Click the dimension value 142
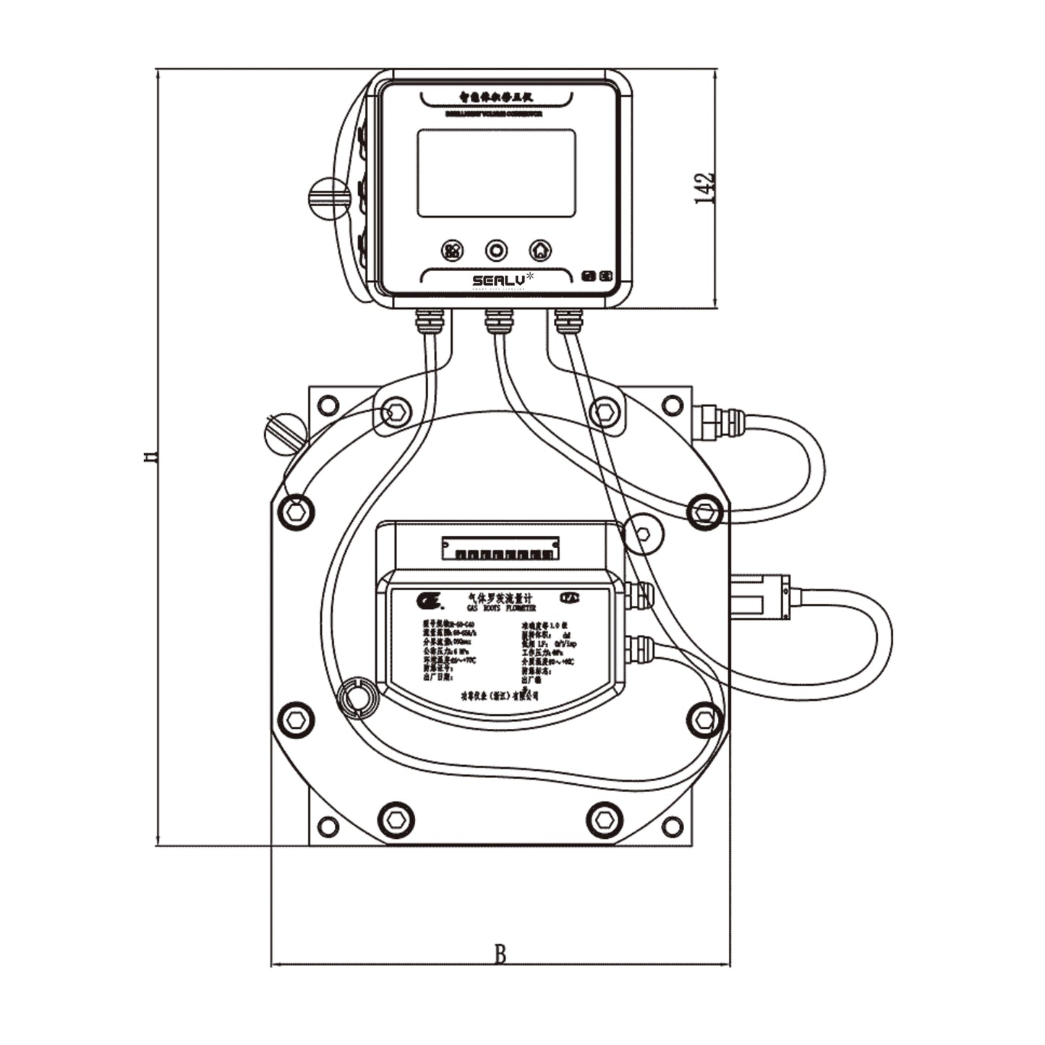(704, 189)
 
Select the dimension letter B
(500, 955)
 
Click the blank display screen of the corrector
(496, 174)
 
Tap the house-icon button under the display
(540, 251)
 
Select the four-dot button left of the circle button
(453, 251)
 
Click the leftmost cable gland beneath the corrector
(430, 319)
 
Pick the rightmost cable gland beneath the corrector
(568, 320)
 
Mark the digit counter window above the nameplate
(500, 548)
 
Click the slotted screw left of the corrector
(329, 197)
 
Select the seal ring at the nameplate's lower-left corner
(356, 699)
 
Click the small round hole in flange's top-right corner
(673, 405)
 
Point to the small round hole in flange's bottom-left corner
(328, 826)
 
